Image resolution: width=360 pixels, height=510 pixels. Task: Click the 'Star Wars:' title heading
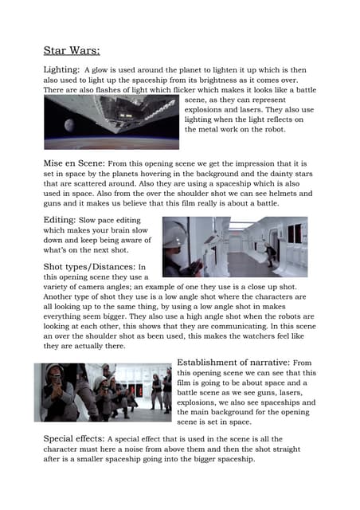pyautogui.click(x=71, y=51)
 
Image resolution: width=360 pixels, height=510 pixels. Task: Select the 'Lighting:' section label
pyautogui.click(x=61, y=71)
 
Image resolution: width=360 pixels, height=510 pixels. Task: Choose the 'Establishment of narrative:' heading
pyautogui.click(x=234, y=363)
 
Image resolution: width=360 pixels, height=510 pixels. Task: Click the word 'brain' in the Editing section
pyautogui.click(x=115, y=230)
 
